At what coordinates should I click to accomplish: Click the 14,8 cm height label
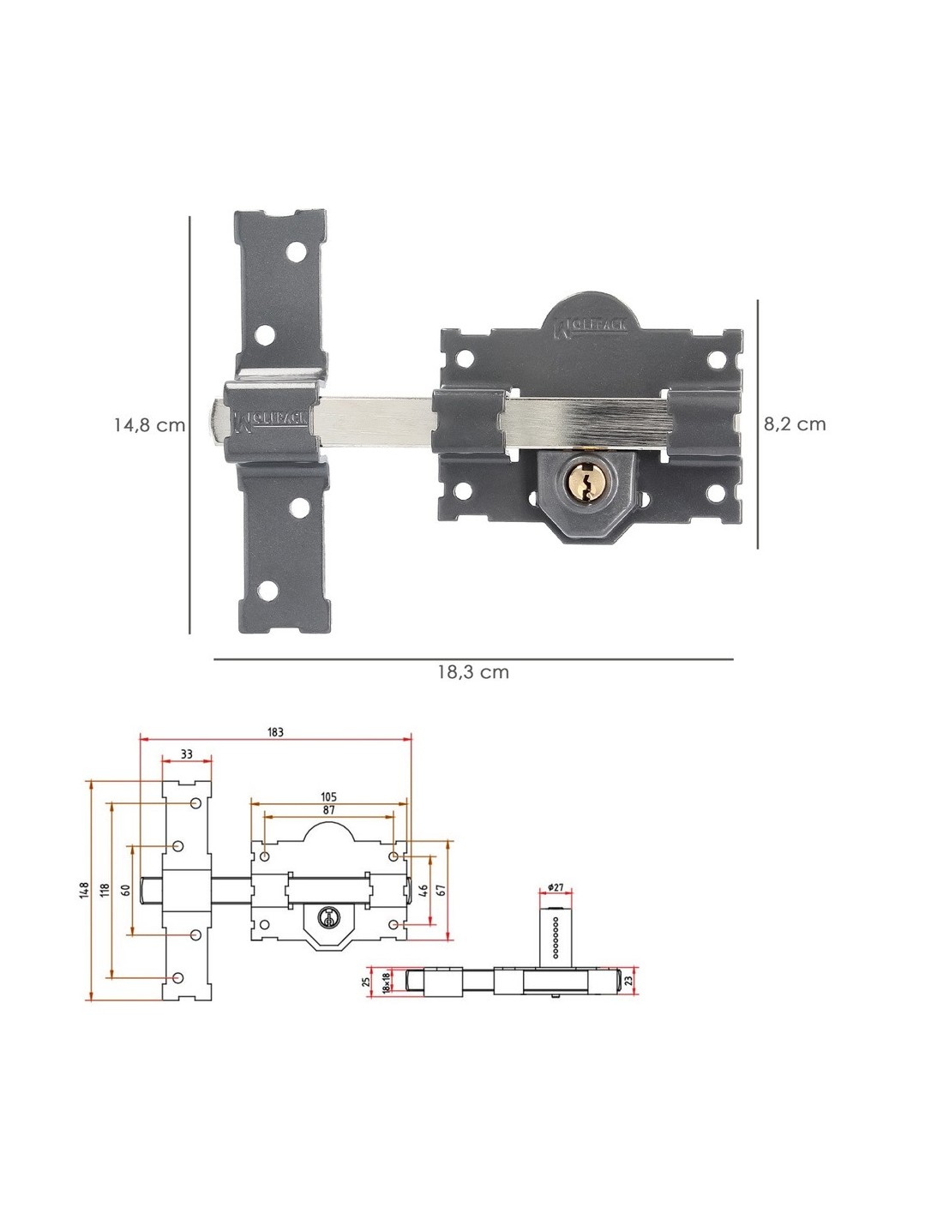[x=149, y=425]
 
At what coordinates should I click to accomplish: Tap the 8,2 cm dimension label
[x=795, y=424]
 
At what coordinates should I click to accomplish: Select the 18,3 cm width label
[x=473, y=672]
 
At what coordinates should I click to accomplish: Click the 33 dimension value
[x=187, y=754]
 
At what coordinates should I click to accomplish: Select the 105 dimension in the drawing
[x=328, y=797]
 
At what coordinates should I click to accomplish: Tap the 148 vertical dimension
[x=84, y=891]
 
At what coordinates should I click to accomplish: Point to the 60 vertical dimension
[x=126, y=891]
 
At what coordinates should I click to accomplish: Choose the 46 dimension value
[x=424, y=891]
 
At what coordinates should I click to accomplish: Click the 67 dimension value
[x=441, y=891]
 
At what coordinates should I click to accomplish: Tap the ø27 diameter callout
[x=556, y=887]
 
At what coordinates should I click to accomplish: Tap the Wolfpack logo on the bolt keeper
[x=270, y=421]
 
